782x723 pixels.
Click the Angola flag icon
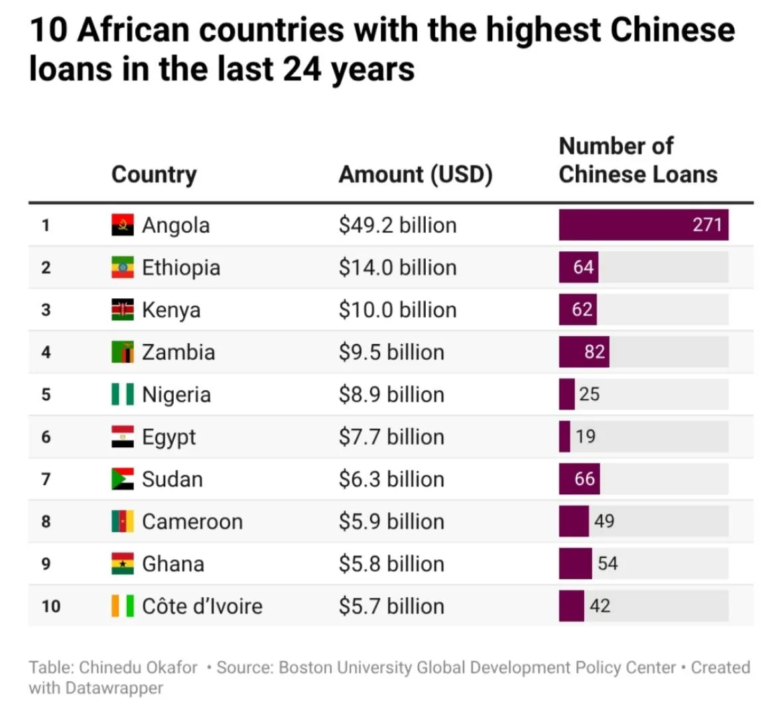(x=122, y=225)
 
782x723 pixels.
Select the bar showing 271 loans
(x=643, y=225)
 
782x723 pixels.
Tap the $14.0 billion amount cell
(x=397, y=268)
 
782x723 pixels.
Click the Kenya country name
(x=171, y=310)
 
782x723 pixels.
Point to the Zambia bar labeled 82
(x=584, y=352)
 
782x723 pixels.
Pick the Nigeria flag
(x=122, y=394)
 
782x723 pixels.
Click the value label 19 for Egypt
(x=586, y=437)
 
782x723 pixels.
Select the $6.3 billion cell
(x=391, y=479)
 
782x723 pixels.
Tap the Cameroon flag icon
(x=122, y=522)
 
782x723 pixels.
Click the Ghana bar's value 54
(x=608, y=564)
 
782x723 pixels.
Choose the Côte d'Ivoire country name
(x=202, y=606)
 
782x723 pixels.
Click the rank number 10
(x=50, y=606)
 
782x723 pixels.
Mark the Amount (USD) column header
(x=415, y=174)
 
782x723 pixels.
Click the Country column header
(x=154, y=174)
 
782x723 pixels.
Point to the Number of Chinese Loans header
(x=637, y=160)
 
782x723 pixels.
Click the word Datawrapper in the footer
(x=114, y=688)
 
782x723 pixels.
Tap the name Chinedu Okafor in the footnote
(x=138, y=667)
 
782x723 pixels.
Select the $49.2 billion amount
(x=397, y=225)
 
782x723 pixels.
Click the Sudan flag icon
(x=122, y=479)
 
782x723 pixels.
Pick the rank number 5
(x=46, y=394)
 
